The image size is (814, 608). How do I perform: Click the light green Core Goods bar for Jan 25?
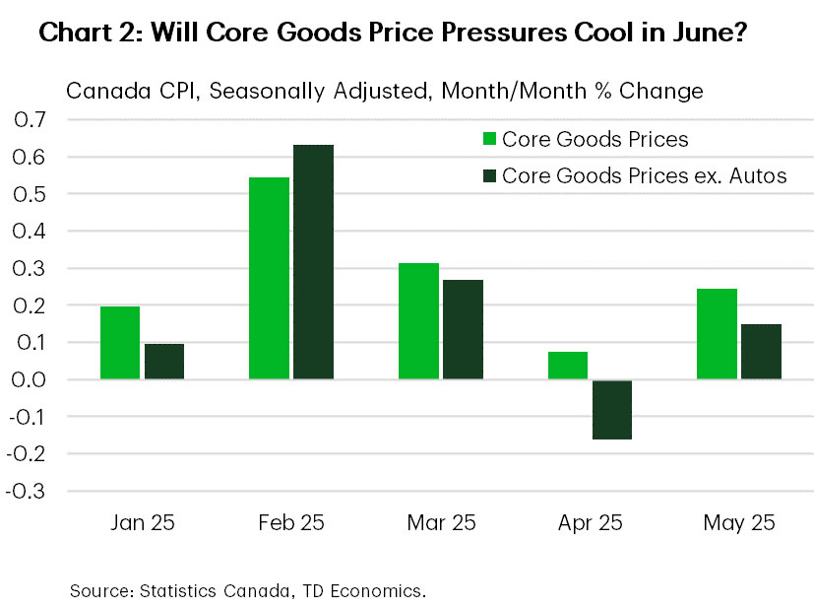point(119,343)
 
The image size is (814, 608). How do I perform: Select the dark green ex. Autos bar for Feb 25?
point(313,262)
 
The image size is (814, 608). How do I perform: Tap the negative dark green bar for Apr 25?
point(612,409)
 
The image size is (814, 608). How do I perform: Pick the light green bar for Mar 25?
point(418,321)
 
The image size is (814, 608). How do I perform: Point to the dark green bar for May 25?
point(761,352)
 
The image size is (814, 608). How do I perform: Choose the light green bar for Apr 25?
point(567,366)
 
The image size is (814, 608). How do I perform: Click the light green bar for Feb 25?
point(269,278)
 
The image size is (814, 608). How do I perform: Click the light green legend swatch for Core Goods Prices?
point(487,139)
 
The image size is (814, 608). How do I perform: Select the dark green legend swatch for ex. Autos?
point(487,175)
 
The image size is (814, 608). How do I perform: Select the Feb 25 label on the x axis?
point(291,522)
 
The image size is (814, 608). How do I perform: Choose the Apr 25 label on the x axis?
point(590,522)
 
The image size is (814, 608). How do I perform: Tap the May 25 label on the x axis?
point(738,522)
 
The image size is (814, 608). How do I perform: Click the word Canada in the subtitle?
point(99,92)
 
